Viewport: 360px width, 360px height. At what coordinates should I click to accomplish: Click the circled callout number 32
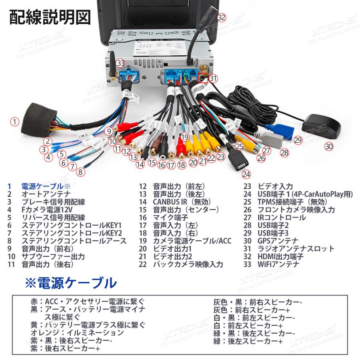222,17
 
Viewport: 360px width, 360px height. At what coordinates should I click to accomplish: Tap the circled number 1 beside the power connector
14,122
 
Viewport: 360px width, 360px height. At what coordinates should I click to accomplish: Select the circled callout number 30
328,146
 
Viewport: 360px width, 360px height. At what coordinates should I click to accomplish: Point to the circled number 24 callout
246,174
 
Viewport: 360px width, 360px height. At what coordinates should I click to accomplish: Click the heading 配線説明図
50,18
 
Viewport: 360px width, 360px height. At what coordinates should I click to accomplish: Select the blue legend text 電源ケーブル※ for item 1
46,186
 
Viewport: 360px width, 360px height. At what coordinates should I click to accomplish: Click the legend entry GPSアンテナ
278,241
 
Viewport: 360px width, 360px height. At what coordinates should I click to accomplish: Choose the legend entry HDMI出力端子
280,256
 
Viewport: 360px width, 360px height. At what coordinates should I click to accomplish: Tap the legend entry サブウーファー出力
53,256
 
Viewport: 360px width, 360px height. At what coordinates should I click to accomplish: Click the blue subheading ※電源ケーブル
71,283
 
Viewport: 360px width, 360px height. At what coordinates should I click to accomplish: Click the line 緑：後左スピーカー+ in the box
248,341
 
